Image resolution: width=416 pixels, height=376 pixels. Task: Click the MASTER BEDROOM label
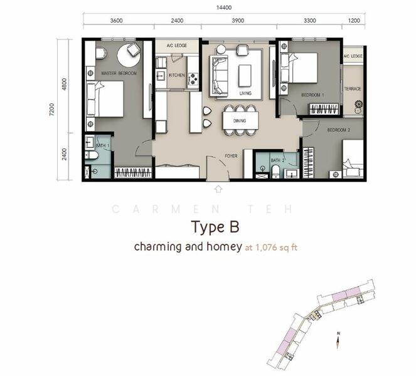pos(119,73)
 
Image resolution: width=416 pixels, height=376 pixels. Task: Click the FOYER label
pos(232,155)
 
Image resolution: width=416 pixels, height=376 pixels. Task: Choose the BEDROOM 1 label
pos(312,95)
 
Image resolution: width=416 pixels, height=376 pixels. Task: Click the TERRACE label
pos(353,89)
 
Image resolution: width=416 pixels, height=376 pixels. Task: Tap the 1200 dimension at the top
pos(355,20)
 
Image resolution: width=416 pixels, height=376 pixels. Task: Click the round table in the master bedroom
pos(129,56)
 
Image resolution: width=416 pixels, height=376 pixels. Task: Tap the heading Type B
pos(216,226)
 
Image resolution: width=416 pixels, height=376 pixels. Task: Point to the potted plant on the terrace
pos(358,105)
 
